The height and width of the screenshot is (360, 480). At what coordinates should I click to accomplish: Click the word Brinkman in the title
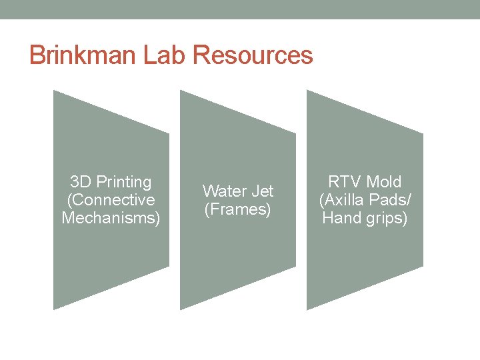point(83,55)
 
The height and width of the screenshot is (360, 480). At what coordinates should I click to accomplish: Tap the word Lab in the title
point(164,55)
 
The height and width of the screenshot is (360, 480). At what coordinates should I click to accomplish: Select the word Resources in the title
point(253,55)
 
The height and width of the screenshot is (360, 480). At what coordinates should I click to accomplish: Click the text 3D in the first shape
point(81,182)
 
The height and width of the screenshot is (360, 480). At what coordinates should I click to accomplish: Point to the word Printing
point(124,182)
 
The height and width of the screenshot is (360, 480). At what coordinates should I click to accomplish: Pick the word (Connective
point(111,200)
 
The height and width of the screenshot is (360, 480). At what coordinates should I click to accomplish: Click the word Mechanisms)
point(111,218)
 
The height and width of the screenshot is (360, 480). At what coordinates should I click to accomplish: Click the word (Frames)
point(238,209)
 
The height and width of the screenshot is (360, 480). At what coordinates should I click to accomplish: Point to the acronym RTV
point(343,182)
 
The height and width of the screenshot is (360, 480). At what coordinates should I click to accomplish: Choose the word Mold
point(384,182)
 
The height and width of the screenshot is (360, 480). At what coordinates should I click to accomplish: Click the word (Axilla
point(343,200)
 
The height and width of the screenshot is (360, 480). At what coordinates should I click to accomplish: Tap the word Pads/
point(390,200)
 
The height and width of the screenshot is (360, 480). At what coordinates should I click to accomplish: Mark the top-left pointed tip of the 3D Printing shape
point(54,91)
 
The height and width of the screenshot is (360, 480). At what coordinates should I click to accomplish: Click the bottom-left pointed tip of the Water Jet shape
point(181,309)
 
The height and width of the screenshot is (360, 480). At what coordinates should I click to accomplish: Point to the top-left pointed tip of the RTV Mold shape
point(307,91)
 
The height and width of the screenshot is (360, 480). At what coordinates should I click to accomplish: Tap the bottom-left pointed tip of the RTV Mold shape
point(307,309)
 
